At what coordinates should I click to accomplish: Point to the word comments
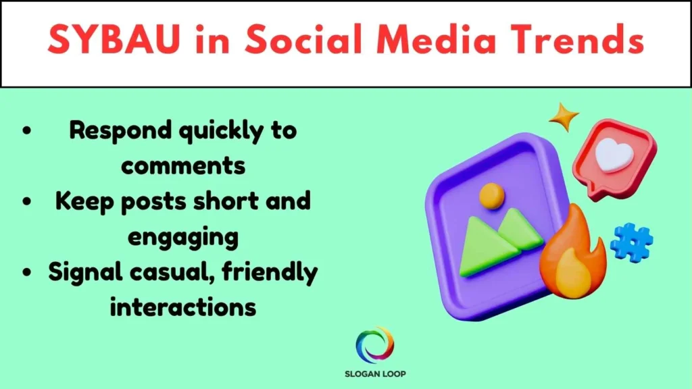[182, 165]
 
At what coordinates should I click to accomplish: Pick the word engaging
[182, 237]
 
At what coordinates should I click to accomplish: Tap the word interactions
[182, 307]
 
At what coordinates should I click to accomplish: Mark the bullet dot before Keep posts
[26, 203]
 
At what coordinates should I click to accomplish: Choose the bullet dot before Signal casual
[26, 274]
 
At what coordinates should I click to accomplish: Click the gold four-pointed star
[563, 117]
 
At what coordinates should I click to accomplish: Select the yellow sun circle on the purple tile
[491, 195]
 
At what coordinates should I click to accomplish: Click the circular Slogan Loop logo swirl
[374, 345]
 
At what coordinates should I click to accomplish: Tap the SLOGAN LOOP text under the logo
[374, 373]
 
